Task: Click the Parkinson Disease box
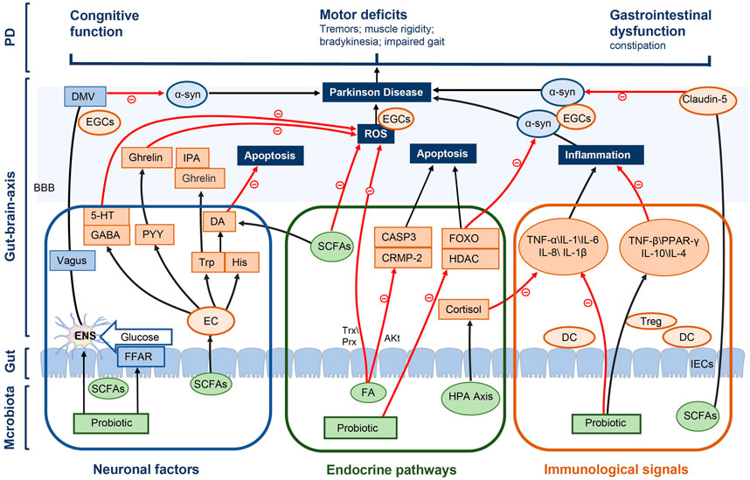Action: (x=377, y=93)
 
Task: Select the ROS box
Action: (x=376, y=134)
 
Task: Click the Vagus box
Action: (x=73, y=261)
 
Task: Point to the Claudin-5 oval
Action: (x=707, y=100)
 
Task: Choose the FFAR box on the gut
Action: (x=138, y=357)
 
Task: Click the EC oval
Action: (x=211, y=321)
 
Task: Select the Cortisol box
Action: (x=463, y=310)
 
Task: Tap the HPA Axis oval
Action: (x=471, y=396)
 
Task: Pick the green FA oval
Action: (x=368, y=393)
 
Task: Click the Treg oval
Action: (x=651, y=321)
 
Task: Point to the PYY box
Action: (x=153, y=234)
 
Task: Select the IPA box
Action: (x=191, y=158)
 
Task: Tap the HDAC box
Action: (x=469, y=259)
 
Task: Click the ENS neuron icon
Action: (x=81, y=335)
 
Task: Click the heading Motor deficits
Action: (x=364, y=14)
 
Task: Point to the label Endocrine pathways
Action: (x=392, y=470)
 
